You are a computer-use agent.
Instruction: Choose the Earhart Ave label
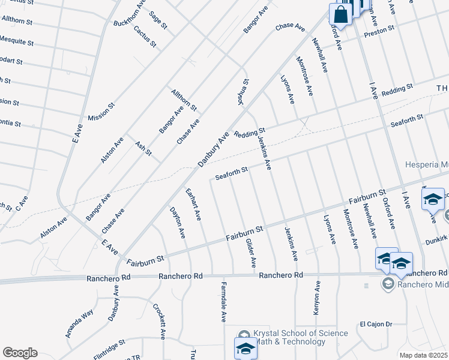(193, 204)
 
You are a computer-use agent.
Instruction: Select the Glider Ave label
(251, 253)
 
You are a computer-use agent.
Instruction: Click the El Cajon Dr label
(376, 324)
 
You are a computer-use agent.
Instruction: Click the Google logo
(20, 353)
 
